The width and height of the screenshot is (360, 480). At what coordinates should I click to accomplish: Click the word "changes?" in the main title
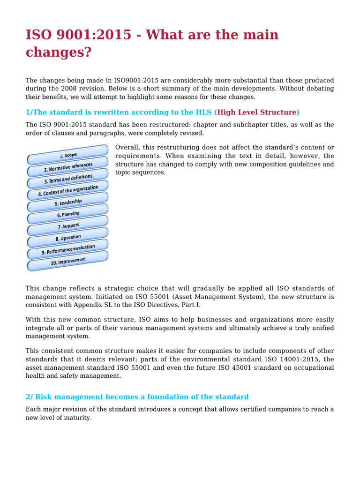coord(58,52)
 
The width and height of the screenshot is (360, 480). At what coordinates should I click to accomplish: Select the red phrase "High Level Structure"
coord(257,112)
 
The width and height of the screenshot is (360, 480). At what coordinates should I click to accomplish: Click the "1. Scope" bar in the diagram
coord(68,155)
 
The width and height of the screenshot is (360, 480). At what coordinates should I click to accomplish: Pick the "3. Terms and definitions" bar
coord(68,179)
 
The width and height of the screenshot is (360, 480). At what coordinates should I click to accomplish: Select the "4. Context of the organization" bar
coord(68,190)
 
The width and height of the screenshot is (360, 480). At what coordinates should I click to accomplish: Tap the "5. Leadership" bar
coord(68,202)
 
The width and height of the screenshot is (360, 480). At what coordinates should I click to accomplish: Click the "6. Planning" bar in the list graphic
coord(68,214)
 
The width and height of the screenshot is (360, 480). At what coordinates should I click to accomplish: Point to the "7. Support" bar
coord(68,226)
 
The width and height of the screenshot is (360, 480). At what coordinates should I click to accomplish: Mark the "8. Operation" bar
coord(68,238)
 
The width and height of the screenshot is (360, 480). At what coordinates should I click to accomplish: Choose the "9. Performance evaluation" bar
coord(68,249)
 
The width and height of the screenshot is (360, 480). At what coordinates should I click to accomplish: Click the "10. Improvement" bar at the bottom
coord(68,261)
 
